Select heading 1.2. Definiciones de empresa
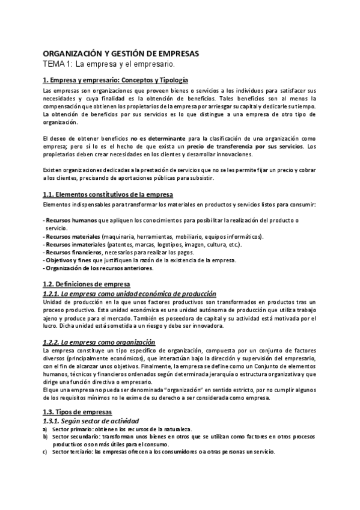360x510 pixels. coord(87,284)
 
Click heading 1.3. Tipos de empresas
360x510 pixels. coord(78,411)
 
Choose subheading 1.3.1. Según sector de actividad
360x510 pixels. coord(91,420)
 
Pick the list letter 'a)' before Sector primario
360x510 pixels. coord(45,429)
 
